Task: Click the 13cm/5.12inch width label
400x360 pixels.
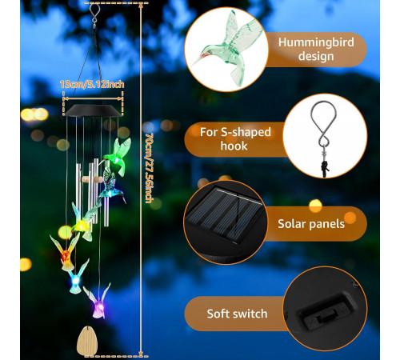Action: (x=92, y=84)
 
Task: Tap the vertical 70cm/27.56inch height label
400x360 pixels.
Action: (x=150, y=167)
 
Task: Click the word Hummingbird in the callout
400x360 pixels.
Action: (x=316, y=42)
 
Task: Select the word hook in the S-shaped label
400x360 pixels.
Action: (x=234, y=146)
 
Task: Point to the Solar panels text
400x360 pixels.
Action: (x=311, y=224)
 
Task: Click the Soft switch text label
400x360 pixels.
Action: (x=237, y=314)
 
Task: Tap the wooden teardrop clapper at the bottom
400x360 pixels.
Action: (x=87, y=341)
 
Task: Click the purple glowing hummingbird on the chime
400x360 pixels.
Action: (x=98, y=302)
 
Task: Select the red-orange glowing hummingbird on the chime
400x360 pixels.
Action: (x=66, y=252)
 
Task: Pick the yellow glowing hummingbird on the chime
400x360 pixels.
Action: (x=82, y=222)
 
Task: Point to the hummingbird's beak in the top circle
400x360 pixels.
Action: (x=197, y=60)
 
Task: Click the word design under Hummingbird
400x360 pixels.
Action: (x=316, y=57)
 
